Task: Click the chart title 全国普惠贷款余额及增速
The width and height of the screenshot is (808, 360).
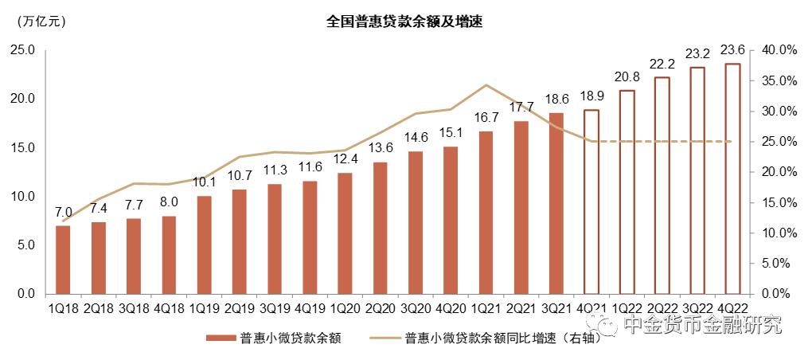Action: click(x=404, y=22)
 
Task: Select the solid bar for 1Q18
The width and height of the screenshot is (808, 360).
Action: click(x=63, y=260)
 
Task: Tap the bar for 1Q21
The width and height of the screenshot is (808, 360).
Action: click(x=486, y=213)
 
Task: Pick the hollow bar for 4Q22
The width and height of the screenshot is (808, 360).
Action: click(x=732, y=179)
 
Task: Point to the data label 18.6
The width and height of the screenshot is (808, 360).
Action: click(x=556, y=100)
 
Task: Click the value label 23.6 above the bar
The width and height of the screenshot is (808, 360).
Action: click(x=732, y=49)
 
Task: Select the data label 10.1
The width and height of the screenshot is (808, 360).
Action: click(x=204, y=182)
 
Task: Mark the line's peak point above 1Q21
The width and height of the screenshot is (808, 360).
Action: click(x=486, y=84)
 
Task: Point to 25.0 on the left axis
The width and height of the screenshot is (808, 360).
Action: click(x=21, y=50)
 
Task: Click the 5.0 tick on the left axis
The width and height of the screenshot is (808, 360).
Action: click(x=25, y=245)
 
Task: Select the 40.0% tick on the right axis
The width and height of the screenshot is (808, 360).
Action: click(x=779, y=50)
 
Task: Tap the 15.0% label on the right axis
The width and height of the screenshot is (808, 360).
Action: click(x=779, y=202)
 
